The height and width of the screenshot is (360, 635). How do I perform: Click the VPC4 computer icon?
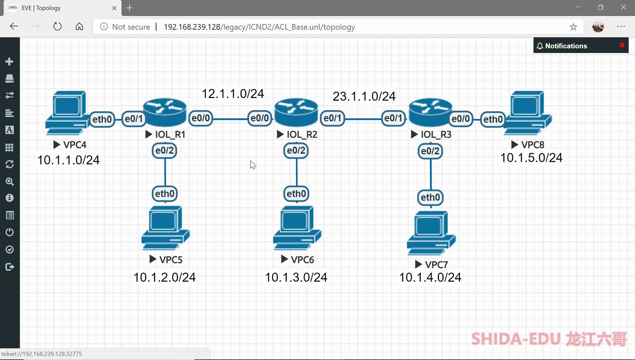tap(67, 112)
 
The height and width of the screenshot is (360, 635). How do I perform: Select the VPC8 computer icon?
tap(528, 112)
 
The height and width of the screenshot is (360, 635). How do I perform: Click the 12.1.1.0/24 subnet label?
tap(233, 94)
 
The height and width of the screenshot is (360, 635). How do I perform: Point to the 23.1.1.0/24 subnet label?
tap(364, 96)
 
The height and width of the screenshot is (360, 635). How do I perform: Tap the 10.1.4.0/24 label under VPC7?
tap(430, 277)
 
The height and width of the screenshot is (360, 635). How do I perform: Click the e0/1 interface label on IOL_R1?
tap(134, 118)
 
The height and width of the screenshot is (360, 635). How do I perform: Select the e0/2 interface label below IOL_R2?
tap(296, 151)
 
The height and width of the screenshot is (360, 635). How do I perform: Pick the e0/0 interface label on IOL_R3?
tap(460, 118)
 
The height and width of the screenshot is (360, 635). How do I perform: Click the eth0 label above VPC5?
tap(165, 194)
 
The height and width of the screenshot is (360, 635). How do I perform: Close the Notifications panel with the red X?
tap(622, 45)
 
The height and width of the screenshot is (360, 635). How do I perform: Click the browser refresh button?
tap(58, 26)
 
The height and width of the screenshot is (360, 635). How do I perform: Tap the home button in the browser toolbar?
tap(79, 26)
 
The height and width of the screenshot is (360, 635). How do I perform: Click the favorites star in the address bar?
tap(573, 27)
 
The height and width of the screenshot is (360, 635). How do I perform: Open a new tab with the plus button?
tap(130, 8)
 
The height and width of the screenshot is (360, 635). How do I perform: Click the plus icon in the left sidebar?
tap(10, 62)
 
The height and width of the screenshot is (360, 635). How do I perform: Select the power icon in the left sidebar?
tap(10, 232)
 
